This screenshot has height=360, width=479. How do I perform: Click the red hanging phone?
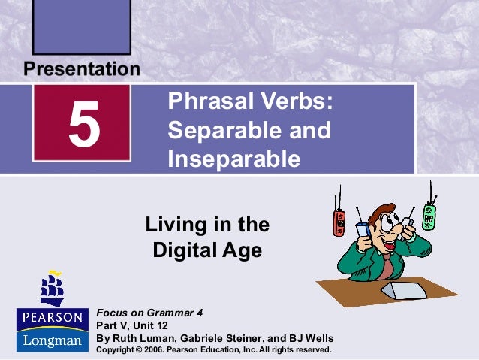(x=339, y=223)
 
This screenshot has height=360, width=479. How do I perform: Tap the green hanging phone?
(x=430, y=214)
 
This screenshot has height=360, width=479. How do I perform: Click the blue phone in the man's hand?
(x=362, y=230)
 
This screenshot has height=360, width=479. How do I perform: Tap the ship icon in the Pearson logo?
(x=53, y=289)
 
